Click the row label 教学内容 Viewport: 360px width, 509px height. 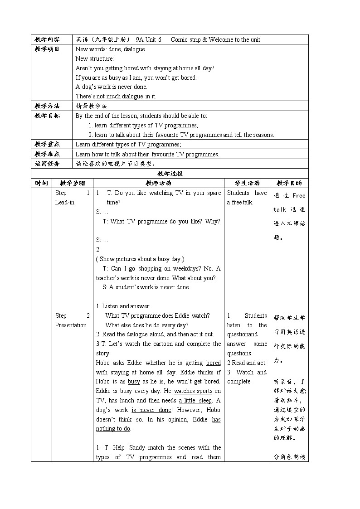47,39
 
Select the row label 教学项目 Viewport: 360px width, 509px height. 47,49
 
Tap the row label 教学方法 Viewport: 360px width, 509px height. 47,106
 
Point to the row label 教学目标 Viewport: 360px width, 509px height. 47,116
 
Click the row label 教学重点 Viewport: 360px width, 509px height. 47,144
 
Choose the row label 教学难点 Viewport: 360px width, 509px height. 47,154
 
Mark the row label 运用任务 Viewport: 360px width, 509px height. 47,164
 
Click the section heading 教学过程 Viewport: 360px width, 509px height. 170,174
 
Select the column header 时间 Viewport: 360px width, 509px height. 41,183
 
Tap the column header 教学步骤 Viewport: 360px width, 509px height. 73,183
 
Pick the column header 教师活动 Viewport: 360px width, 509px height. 158,183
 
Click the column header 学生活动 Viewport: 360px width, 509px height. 247,183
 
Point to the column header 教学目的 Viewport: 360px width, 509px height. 289,183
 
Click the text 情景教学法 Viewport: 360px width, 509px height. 92,106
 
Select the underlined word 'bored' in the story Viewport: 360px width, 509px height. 213,363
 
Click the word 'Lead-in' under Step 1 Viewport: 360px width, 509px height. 65,203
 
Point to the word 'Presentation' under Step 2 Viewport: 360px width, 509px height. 71,325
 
